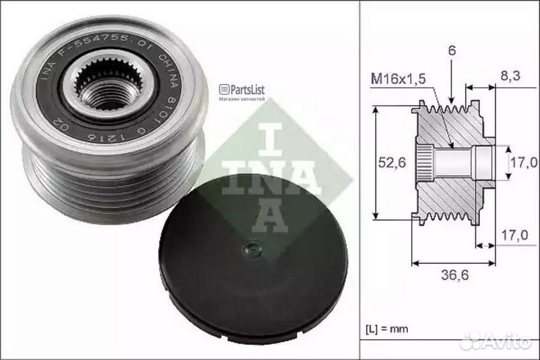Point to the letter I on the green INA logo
click(x=272, y=131)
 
